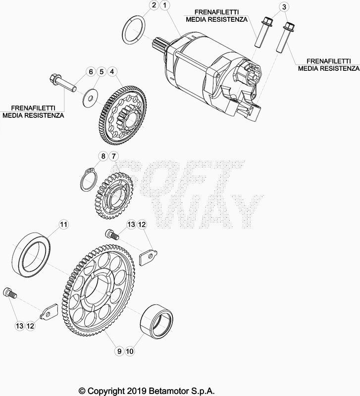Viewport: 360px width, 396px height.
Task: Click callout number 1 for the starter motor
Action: point(165,5)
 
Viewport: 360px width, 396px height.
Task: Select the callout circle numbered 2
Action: point(154,5)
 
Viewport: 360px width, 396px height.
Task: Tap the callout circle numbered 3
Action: point(284,7)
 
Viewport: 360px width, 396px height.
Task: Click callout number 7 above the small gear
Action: point(113,156)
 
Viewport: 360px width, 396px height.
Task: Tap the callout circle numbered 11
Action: point(64,225)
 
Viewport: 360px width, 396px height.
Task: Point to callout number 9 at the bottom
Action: point(119,351)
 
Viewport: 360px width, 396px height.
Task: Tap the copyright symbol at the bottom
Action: point(82,391)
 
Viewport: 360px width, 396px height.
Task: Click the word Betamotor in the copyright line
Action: point(168,391)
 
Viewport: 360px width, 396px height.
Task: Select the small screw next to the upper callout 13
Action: point(111,234)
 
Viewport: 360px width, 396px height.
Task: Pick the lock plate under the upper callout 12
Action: point(148,257)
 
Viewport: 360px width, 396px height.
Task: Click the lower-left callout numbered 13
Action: point(19,326)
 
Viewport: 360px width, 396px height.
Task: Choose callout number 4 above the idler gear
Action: point(112,72)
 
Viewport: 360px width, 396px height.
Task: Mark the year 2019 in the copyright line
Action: point(136,391)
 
